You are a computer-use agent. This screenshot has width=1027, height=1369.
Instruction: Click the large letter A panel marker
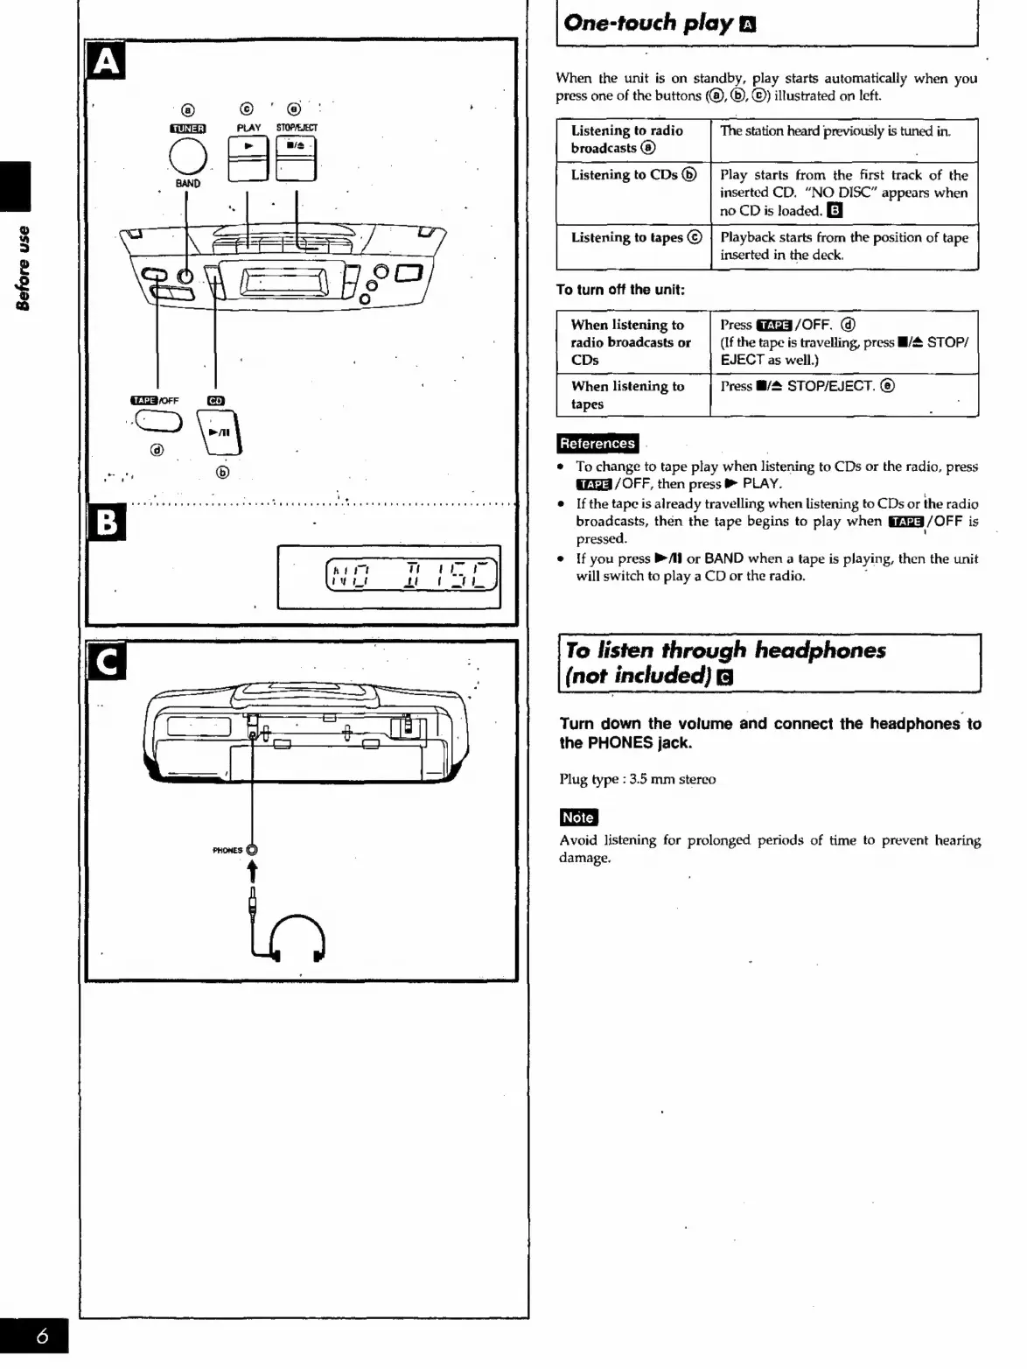pyautogui.click(x=106, y=61)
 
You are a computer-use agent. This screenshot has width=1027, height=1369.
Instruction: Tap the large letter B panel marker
pyautogui.click(x=106, y=523)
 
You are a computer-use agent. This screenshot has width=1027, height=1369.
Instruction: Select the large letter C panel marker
pyautogui.click(x=107, y=662)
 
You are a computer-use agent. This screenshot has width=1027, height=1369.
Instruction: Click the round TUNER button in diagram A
pyautogui.click(x=187, y=158)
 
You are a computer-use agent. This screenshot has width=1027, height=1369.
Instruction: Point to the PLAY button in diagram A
pyautogui.click(x=248, y=158)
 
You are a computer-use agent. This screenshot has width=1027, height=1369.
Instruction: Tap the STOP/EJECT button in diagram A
pyautogui.click(x=296, y=158)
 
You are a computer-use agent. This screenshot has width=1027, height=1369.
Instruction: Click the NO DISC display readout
pyautogui.click(x=411, y=575)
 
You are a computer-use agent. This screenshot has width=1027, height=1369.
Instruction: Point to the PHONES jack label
pyautogui.click(x=227, y=850)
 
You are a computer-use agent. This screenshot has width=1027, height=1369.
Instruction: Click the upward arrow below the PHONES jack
pyautogui.click(x=253, y=871)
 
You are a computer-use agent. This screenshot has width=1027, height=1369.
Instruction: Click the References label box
pyautogui.click(x=597, y=444)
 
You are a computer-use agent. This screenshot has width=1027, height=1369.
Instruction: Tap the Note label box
pyautogui.click(x=578, y=818)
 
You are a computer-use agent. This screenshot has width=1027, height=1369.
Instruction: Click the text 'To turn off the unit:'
pyautogui.click(x=620, y=290)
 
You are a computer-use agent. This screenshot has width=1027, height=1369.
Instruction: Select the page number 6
pyautogui.click(x=41, y=1337)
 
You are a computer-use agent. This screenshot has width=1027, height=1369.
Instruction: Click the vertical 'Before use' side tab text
pyautogui.click(x=24, y=268)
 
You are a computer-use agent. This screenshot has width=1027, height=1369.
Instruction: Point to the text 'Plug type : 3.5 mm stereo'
pyautogui.click(x=637, y=779)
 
